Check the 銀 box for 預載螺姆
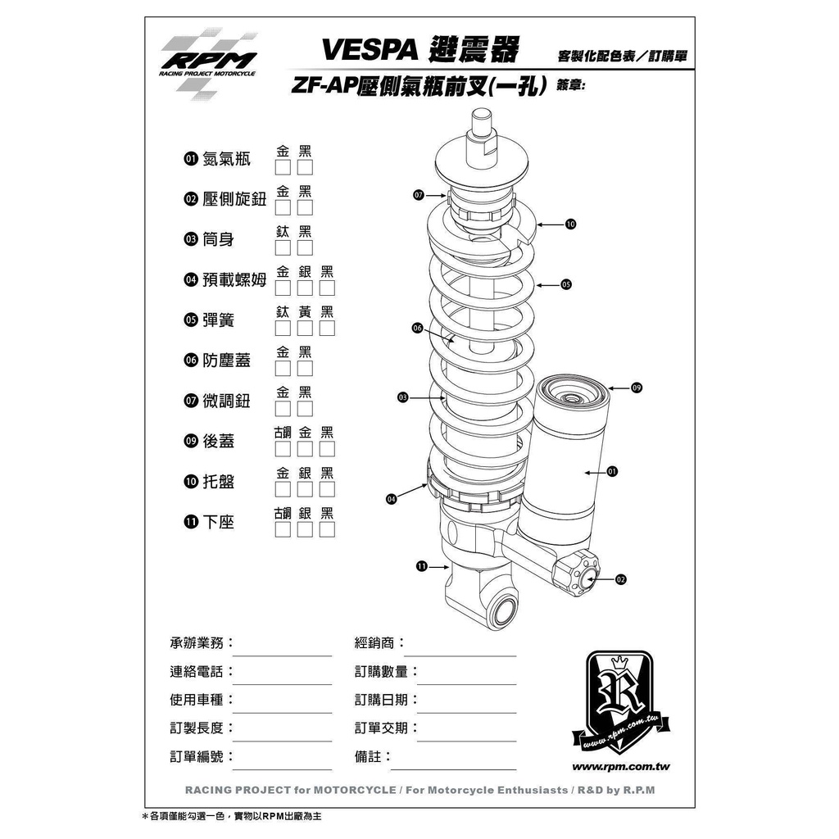[x=305, y=288]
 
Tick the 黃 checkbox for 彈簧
[x=305, y=328]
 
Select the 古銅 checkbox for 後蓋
[x=283, y=449]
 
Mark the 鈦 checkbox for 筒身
[x=283, y=247]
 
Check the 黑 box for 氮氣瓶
[x=305, y=167]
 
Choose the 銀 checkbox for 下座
[x=305, y=530]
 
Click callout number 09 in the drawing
[x=637, y=388]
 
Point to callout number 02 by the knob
[x=621, y=579]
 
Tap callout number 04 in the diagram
[x=391, y=499]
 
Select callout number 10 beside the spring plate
[x=570, y=224]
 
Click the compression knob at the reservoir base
[x=578, y=574]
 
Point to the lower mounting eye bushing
[x=504, y=610]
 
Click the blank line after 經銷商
[x=460, y=655]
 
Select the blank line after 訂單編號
[x=282, y=769]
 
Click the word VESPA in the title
[x=370, y=50]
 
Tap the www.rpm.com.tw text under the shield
[x=621, y=767]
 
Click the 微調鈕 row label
[x=226, y=401]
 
